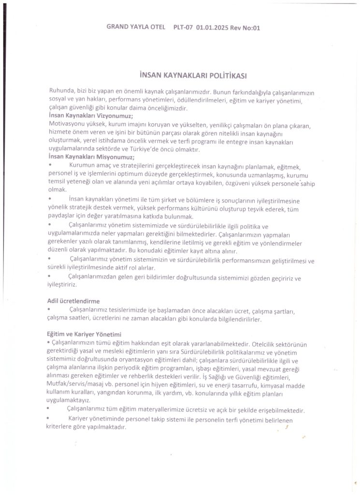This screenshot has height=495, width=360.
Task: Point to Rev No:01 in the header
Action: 245,28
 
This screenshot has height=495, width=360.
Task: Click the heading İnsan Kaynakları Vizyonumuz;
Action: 91,116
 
